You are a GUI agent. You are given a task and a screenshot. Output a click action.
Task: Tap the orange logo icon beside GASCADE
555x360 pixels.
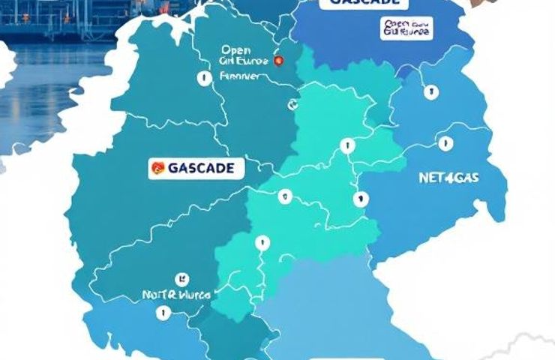pyautogui.click(x=157, y=168)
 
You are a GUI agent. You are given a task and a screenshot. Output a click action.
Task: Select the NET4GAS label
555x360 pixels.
pyautogui.click(x=448, y=178)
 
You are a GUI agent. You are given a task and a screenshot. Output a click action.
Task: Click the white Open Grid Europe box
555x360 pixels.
pyautogui.click(x=406, y=28)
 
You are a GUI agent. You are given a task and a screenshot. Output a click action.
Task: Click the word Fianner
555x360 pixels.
pyautogui.click(x=240, y=76)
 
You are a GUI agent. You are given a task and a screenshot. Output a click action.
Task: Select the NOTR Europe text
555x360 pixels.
pyautogui.click(x=175, y=295)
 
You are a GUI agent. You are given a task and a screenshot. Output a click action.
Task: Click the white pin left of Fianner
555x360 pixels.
pyautogui.click(x=202, y=76)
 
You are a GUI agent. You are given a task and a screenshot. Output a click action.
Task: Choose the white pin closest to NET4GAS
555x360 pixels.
pyautogui.click(x=445, y=142)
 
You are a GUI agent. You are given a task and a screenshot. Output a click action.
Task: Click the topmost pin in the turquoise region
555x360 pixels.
pyautogui.click(x=346, y=146)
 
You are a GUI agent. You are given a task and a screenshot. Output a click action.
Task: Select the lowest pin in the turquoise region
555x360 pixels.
pyautogui.click(x=262, y=242)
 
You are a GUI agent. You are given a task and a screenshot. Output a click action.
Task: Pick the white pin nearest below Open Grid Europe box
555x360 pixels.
pyautogui.click(x=430, y=93)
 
